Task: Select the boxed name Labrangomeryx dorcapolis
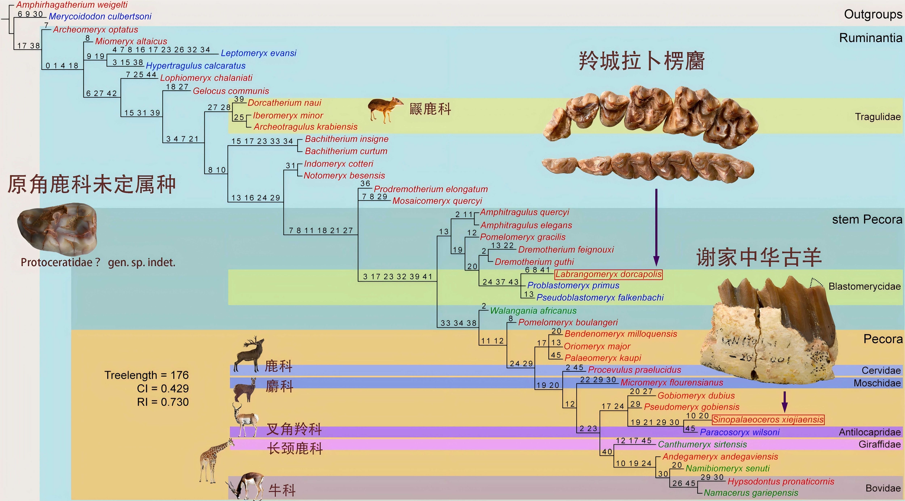[x=609, y=274]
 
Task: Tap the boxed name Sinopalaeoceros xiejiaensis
[x=768, y=419]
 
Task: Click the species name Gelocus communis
[x=231, y=91]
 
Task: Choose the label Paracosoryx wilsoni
[x=740, y=432]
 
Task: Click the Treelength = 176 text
[x=146, y=375]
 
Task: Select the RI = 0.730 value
[x=163, y=402]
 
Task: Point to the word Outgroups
[x=873, y=14]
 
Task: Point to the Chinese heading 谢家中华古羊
[x=759, y=257]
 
